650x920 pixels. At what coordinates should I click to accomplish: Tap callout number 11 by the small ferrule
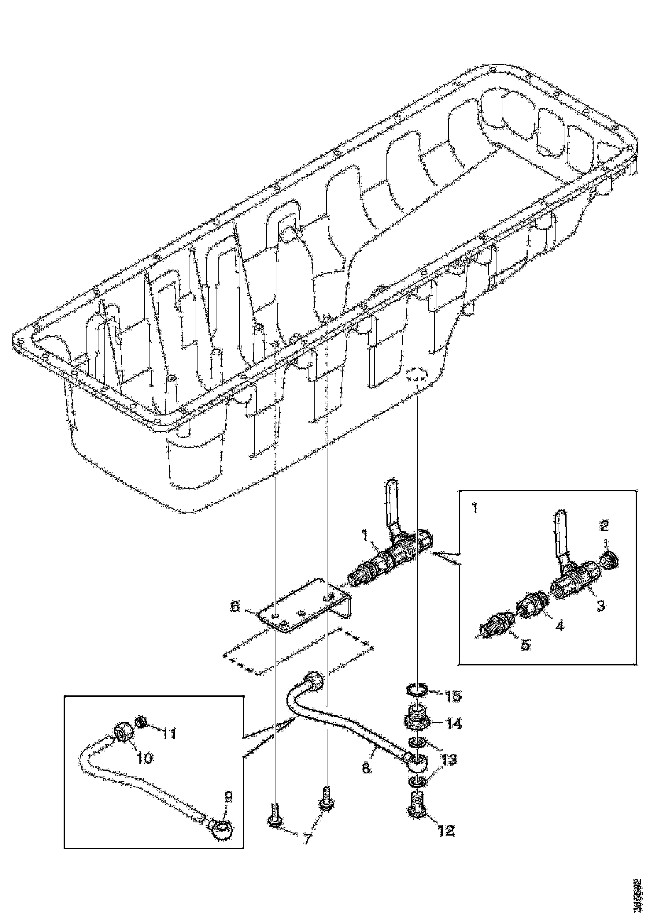tap(169, 734)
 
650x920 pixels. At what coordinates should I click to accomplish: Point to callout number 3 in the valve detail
tap(601, 605)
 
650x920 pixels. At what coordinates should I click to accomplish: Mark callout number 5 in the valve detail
tap(525, 644)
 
